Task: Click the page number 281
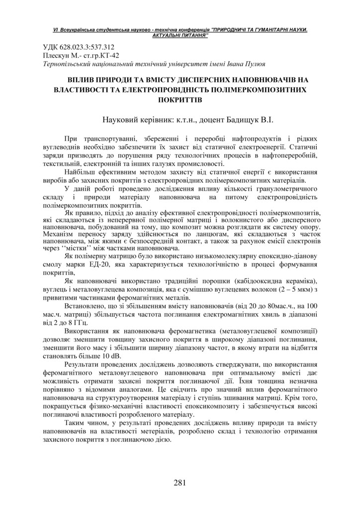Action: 180,482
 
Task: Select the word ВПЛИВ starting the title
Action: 83,80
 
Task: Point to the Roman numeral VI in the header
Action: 56,31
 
